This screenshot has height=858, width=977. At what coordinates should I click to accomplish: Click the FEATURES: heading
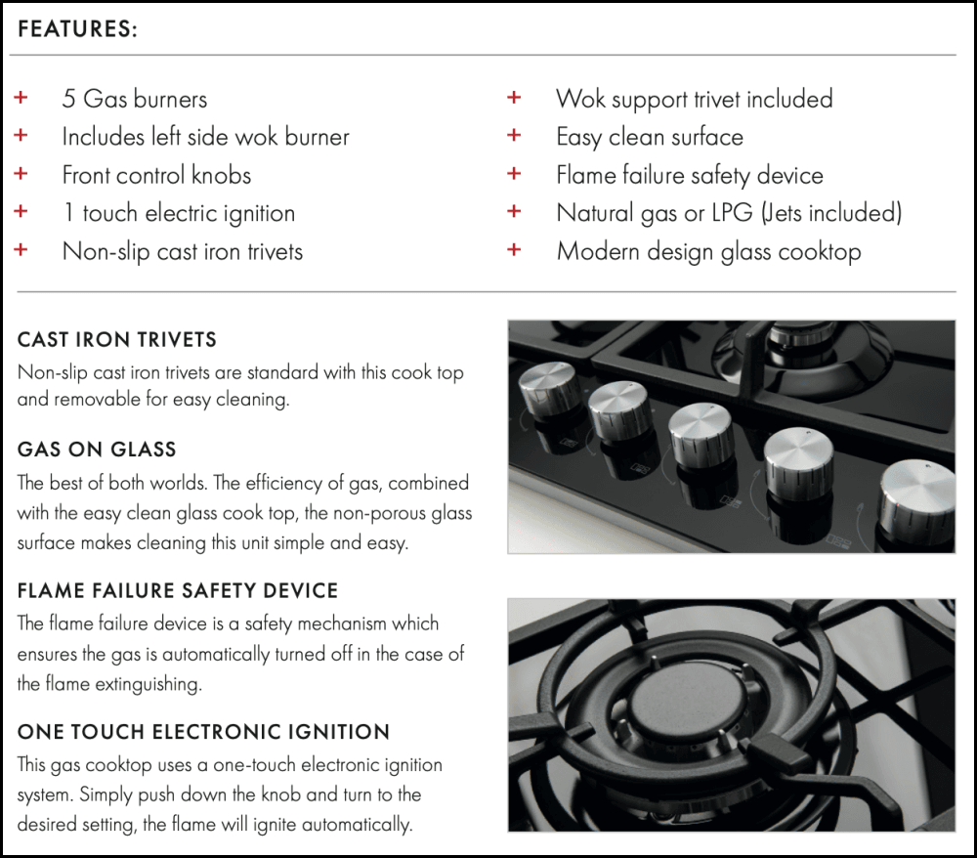[x=77, y=29]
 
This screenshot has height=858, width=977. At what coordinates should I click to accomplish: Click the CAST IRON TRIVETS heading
[x=117, y=340]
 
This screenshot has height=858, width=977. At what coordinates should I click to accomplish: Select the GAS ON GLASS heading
[x=97, y=450]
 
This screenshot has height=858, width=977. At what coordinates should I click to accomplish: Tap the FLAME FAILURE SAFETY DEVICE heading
[x=178, y=590]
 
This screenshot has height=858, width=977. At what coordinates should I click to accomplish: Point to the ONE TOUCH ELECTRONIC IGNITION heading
[x=204, y=732]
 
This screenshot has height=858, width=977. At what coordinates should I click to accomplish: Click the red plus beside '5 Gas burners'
[x=21, y=97]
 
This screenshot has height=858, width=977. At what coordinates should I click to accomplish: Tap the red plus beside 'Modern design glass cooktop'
[x=514, y=250]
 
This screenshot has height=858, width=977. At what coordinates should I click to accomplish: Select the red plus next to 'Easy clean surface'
[x=514, y=135]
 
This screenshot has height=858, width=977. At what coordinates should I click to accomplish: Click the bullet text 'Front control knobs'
[x=156, y=175]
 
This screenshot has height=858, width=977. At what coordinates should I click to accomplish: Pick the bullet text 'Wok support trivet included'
[x=694, y=99]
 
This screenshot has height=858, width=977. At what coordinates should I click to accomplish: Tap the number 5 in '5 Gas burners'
[x=68, y=99]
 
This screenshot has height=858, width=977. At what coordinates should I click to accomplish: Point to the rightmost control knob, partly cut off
[x=917, y=497]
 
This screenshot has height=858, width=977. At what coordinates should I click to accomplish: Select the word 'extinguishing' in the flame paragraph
[x=149, y=684]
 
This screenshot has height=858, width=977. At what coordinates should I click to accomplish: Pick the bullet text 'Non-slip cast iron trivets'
[x=183, y=252]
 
